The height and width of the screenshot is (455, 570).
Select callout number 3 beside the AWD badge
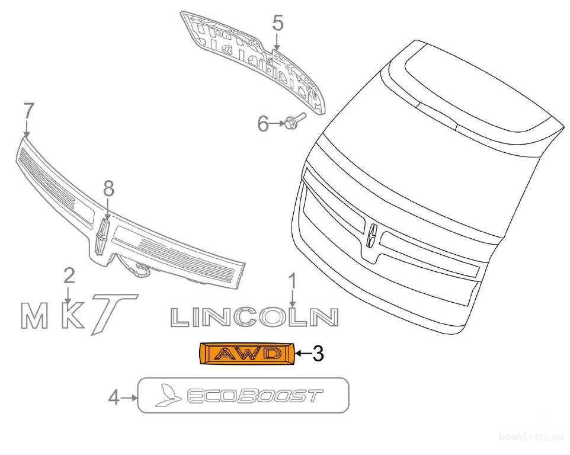(x=318, y=353)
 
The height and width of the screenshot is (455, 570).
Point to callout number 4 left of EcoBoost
(x=114, y=398)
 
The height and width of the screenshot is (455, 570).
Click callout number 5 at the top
(x=277, y=23)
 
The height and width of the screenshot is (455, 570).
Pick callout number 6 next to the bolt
(x=263, y=124)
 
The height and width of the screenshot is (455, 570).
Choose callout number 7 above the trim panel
(x=28, y=111)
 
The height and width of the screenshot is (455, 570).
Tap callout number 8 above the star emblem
(x=108, y=189)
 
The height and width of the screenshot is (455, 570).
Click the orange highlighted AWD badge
(x=246, y=353)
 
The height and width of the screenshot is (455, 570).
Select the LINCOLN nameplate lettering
(x=254, y=317)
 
